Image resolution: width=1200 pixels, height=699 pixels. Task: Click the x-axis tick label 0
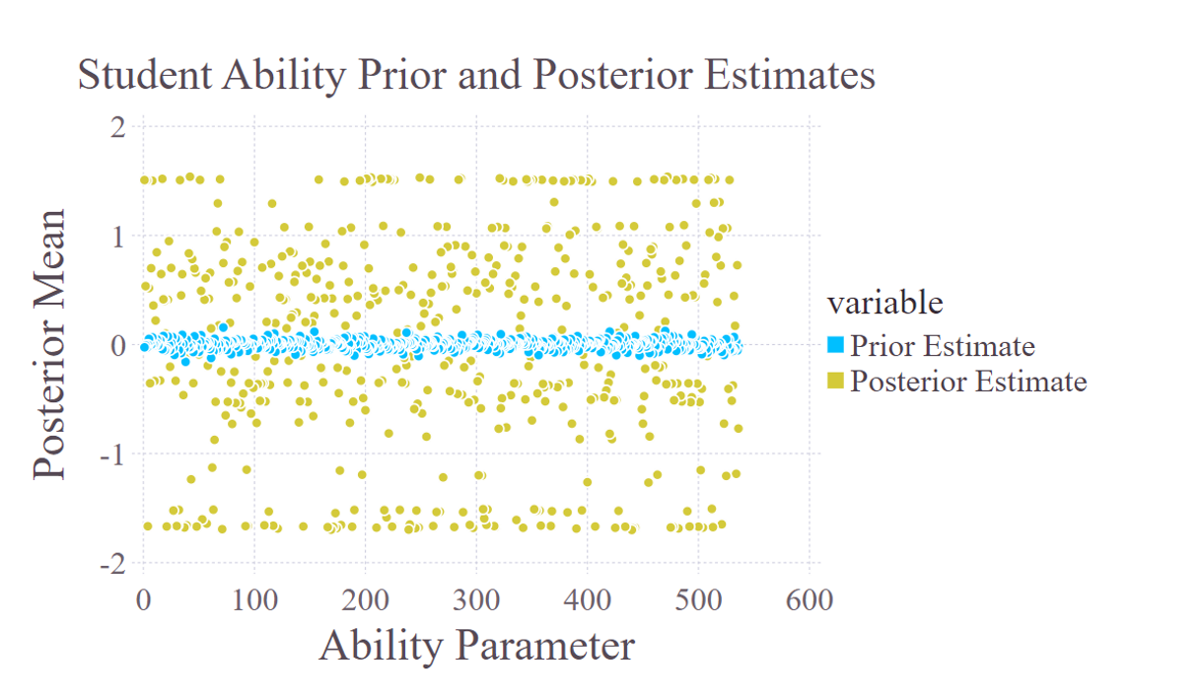pos(144,598)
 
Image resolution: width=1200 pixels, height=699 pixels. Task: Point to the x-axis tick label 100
pos(254,598)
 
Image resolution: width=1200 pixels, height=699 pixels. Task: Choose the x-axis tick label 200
pos(366,598)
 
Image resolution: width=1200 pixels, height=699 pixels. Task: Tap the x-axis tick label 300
pos(476,598)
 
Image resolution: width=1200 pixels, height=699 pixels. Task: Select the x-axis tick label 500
pos(698,598)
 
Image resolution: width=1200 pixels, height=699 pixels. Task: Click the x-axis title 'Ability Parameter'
pos(476,646)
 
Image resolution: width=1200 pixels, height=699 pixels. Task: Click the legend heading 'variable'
pos(884,302)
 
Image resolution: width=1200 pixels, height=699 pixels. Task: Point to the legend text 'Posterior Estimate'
pos(968,381)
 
